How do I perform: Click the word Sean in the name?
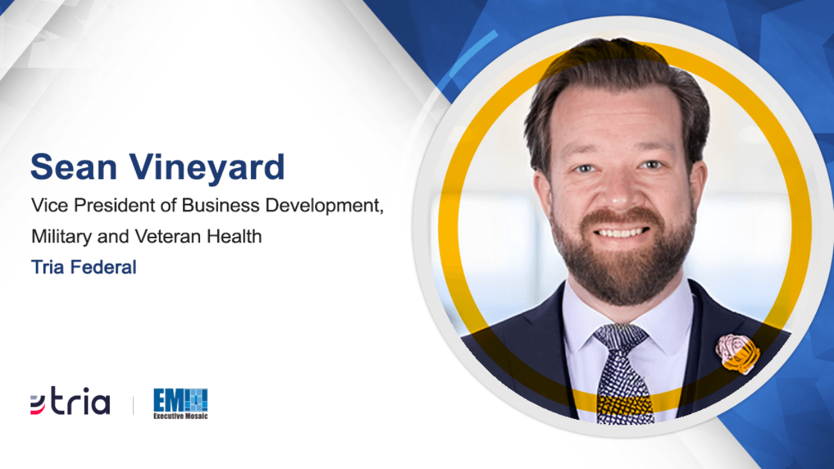coord(74,167)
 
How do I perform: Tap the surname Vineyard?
coord(207,169)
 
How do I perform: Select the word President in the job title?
coord(114,205)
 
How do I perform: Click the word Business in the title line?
coord(221,205)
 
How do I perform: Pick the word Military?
coord(62,237)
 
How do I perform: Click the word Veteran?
coord(168,236)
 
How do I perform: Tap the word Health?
coord(234,236)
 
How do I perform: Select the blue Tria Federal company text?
coord(84,268)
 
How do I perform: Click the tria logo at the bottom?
coord(70,401)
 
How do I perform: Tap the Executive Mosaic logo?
coord(180,404)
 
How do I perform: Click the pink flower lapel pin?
coord(737,354)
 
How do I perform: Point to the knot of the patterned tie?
coord(620,337)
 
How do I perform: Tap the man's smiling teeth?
coord(621,233)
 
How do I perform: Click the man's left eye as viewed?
coord(586,169)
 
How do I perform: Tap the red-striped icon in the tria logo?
coord(38,405)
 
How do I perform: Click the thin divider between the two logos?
coord(133,405)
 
